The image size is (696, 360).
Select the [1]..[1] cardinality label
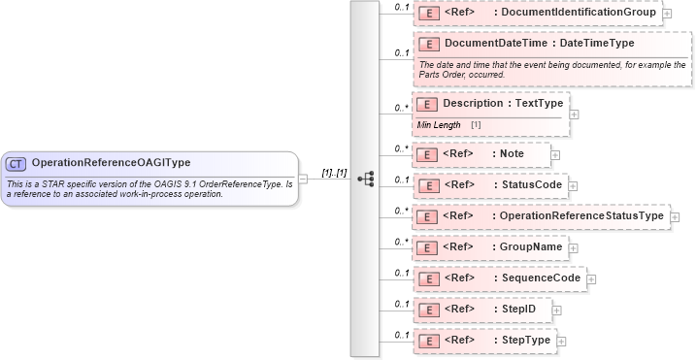click(x=336, y=172)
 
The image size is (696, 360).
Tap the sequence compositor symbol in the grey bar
click(x=366, y=179)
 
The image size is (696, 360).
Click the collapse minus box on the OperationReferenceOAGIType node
click(x=304, y=179)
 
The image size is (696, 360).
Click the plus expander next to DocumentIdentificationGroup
click(x=668, y=16)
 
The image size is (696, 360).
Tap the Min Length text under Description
click(x=439, y=125)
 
